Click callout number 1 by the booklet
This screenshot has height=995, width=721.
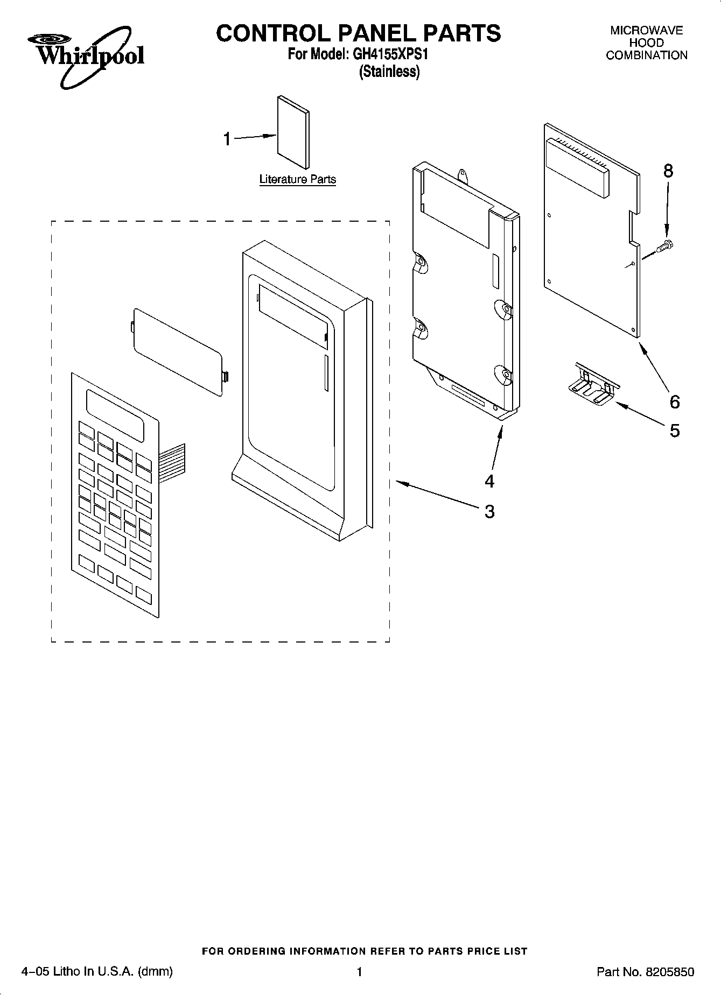(x=227, y=139)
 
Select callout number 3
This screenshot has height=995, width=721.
(x=489, y=511)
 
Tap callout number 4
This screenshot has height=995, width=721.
(x=489, y=481)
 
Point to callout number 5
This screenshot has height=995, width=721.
(x=674, y=430)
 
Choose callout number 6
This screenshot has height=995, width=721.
(x=674, y=401)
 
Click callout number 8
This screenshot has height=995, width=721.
(x=668, y=171)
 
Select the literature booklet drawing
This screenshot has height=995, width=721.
(x=293, y=132)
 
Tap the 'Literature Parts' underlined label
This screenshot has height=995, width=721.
(x=297, y=179)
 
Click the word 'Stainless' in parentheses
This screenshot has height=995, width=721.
(x=389, y=72)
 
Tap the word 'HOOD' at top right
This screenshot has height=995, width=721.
(x=646, y=43)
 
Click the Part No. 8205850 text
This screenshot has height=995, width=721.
(x=645, y=972)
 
